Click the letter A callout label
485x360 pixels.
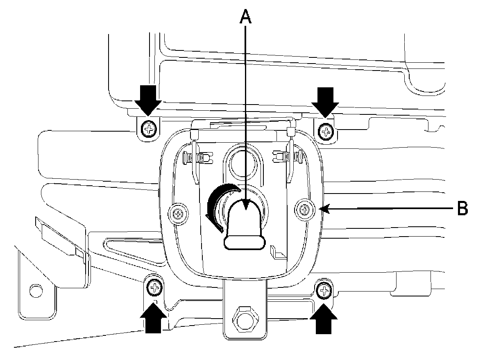(x=245, y=17)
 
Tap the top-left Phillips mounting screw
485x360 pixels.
(x=148, y=130)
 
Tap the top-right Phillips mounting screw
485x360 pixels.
(x=326, y=132)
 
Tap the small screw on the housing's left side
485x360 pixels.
(x=178, y=213)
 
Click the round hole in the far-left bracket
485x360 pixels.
(x=36, y=292)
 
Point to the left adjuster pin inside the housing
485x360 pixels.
(x=198, y=157)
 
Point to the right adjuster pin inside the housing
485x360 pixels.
(x=287, y=157)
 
